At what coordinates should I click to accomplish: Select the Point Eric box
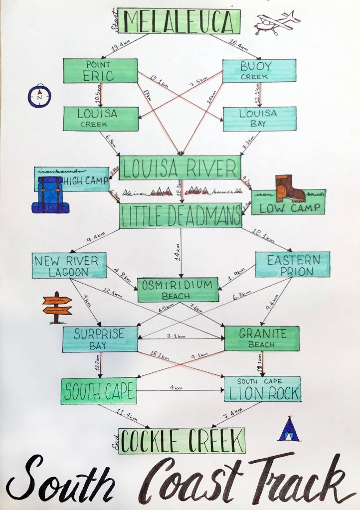click(100, 71)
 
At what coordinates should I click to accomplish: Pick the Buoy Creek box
click(259, 71)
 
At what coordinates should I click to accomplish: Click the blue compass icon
click(38, 96)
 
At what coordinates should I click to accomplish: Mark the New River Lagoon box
click(69, 265)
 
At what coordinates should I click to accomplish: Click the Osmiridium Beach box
click(178, 290)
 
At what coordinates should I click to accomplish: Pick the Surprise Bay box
click(100, 339)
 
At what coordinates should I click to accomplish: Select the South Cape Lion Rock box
click(262, 389)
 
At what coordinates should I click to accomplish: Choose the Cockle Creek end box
click(181, 440)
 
